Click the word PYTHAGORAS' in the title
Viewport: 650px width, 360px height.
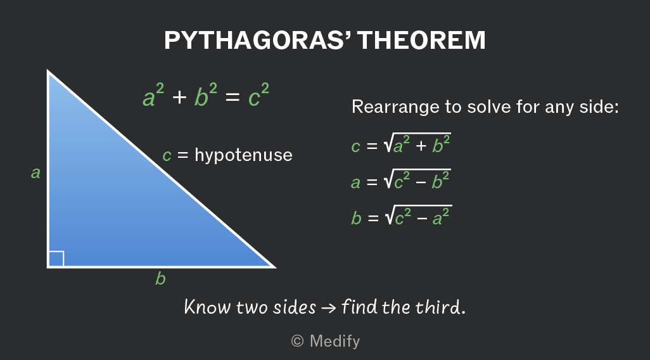pyautogui.click(x=258, y=40)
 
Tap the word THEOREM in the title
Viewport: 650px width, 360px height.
pyautogui.click(x=421, y=40)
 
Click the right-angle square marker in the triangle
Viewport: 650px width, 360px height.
pyautogui.click(x=56, y=259)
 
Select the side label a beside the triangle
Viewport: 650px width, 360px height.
pyautogui.click(x=35, y=172)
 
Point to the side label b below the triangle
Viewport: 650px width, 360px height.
pyautogui.click(x=160, y=278)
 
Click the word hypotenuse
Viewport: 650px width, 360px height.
pyautogui.click(x=243, y=155)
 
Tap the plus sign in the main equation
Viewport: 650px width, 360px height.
pyautogui.click(x=179, y=98)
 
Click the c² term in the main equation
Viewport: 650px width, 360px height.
pyautogui.click(x=258, y=96)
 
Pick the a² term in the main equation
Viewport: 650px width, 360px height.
pyautogui.click(x=153, y=96)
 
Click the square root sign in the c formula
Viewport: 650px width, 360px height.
pyautogui.click(x=388, y=143)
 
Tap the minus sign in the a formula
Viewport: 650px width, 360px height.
pyautogui.click(x=420, y=182)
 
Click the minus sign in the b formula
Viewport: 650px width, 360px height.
pyautogui.click(x=421, y=218)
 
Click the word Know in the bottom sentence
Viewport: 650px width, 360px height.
pyautogui.click(x=208, y=307)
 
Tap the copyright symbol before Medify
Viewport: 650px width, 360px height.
pyautogui.click(x=297, y=341)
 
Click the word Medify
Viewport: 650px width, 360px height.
pyautogui.click(x=335, y=342)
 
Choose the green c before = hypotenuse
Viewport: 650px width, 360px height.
pyautogui.click(x=167, y=156)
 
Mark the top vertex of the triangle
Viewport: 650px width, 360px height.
pyautogui.click(x=48, y=71)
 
